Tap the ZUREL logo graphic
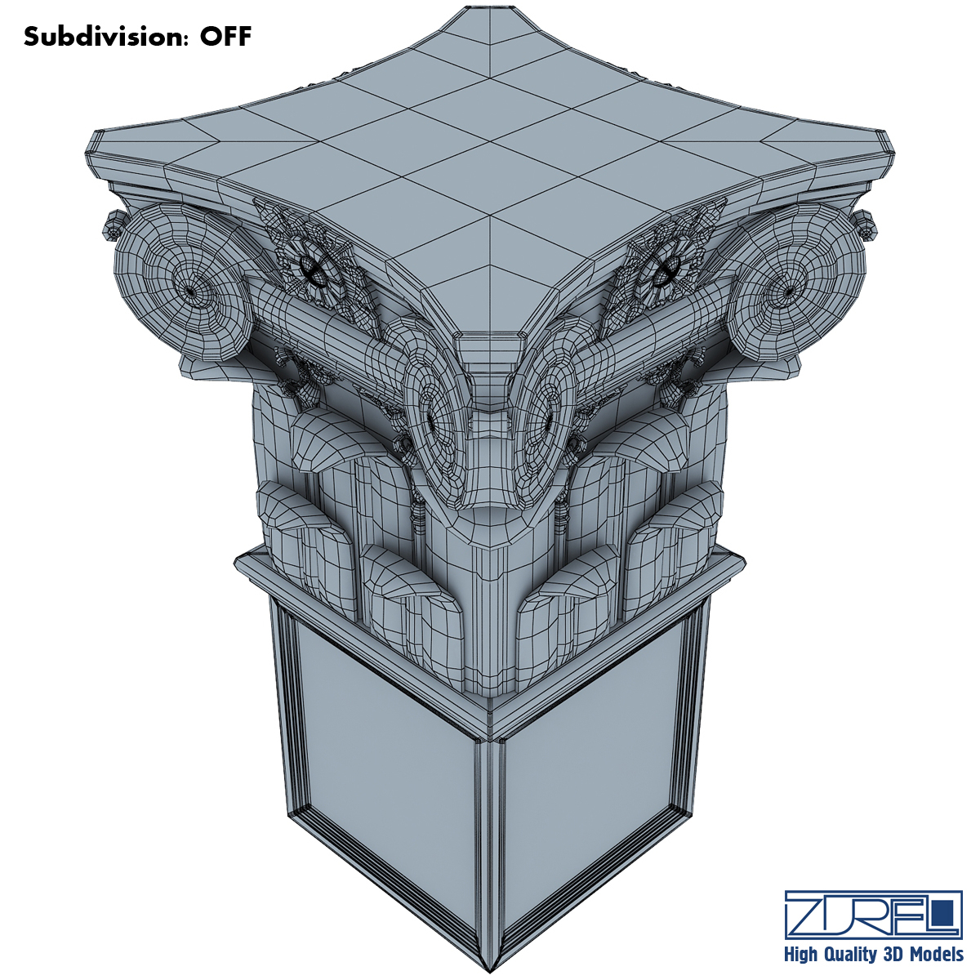pos(873,914)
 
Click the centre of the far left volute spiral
pos(191,290)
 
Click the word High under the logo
pos(803,954)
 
